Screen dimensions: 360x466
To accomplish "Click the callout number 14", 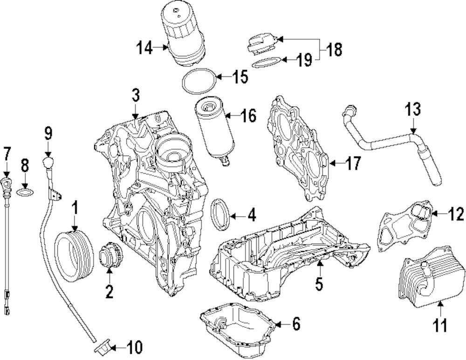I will pos(144,48).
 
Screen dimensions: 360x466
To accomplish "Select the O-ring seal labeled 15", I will pos(198,82).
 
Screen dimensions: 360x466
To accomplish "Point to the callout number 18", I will pos(334,48).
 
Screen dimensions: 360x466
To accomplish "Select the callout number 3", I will pos(135,96).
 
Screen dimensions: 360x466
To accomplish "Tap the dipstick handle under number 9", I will pos(48,163).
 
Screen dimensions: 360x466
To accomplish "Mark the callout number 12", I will pos(456,214).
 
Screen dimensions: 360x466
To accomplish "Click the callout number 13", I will pos(413,110).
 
